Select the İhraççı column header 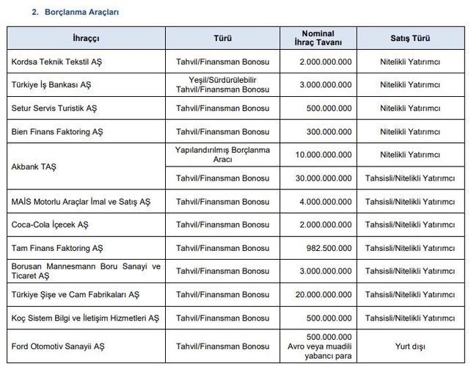pos(86,38)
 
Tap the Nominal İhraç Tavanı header pos(318,38)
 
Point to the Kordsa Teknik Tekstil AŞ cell pos(57,62)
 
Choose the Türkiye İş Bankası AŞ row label pos(51,85)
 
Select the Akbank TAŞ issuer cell pos(34,167)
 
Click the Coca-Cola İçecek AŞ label pos(51,225)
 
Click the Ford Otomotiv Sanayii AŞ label pos(59,346)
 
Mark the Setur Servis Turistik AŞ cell pos(54,109)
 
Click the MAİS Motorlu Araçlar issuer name pos(81,201)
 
